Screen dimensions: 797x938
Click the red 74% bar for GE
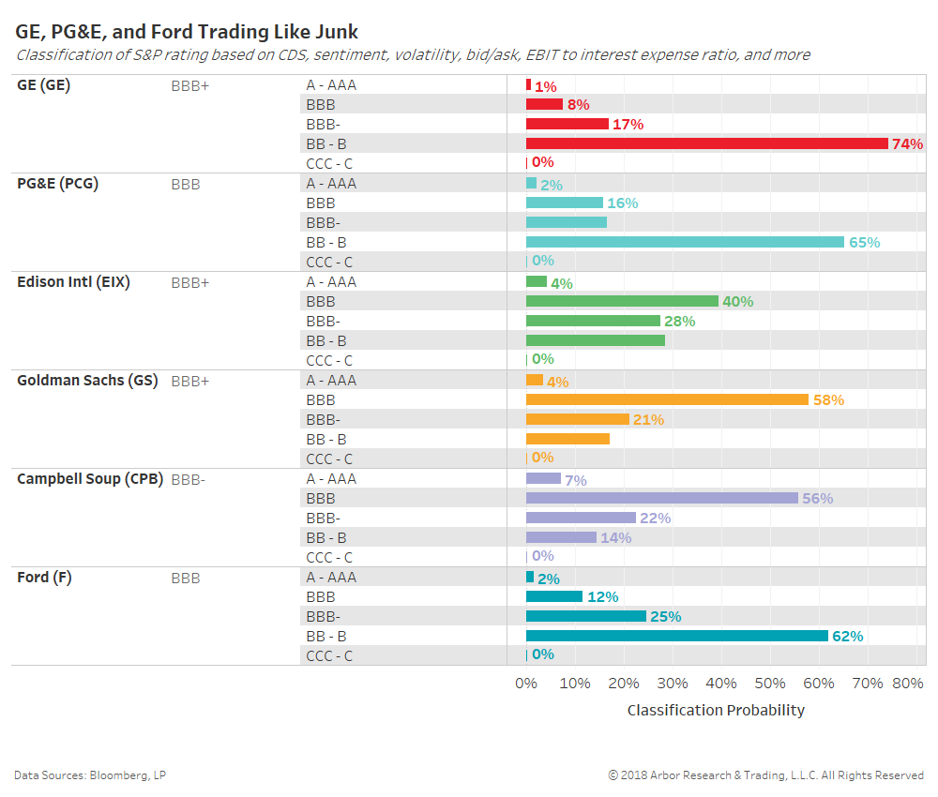(x=706, y=143)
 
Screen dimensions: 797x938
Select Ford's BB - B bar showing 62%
(x=676, y=636)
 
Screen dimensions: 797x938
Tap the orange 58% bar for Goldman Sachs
(x=667, y=399)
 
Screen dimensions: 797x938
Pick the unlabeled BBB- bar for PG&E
(x=567, y=222)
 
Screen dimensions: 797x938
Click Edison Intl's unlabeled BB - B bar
(x=596, y=340)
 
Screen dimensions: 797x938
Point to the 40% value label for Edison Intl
(x=737, y=302)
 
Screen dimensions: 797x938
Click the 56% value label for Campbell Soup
(x=817, y=499)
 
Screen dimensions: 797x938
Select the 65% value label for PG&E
(x=864, y=242)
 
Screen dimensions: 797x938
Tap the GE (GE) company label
(x=43, y=85)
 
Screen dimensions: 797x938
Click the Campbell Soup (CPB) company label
(x=90, y=479)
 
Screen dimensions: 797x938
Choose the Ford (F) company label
(x=44, y=578)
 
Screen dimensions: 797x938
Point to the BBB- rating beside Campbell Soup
(x=188, y=480)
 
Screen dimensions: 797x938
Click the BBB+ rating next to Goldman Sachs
(x=190, y=382)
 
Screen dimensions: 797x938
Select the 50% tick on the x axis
(x=770, y=684)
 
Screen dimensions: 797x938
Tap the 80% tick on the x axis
(x=907, y=684)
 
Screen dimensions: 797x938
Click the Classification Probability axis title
(x=716, y=711)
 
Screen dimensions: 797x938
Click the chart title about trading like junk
(x=187, y=33)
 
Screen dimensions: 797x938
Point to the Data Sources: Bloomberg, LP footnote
(x=90, y=775)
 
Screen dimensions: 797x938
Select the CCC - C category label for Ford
(x=329, y=656)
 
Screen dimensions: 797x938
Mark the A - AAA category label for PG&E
(x=331, y=184)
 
